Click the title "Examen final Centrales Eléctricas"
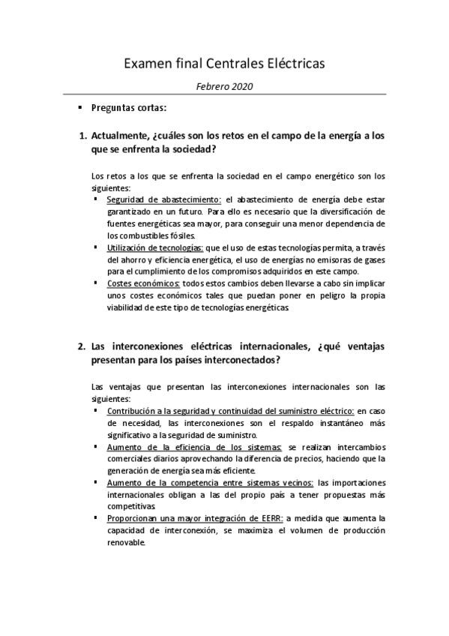point(224,64)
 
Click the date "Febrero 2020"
point(224,86)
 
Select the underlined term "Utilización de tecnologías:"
point(154,247)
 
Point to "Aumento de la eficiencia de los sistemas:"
point(195,447)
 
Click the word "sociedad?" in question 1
point(187,149)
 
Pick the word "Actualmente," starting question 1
point(118,136)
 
